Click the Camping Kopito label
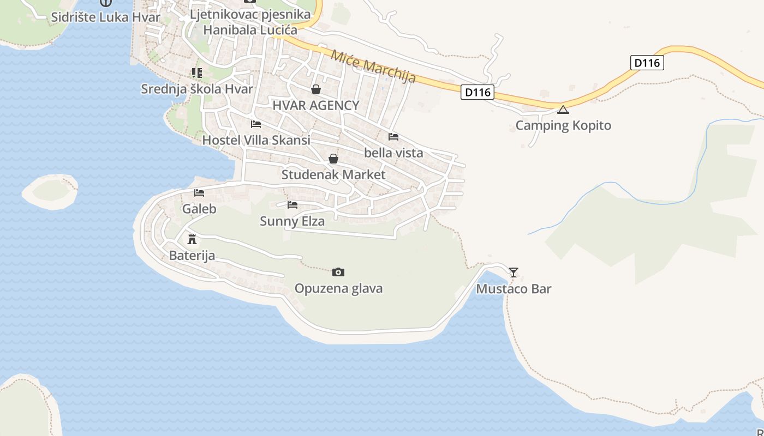[563, 125]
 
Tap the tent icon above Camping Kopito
[563, 110]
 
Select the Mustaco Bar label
[514, 289]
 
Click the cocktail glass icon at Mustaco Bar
[514, 272]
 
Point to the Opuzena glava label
[338, 288]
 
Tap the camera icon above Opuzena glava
[338, 272]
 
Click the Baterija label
[192, 256]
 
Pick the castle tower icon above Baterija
[192, 239]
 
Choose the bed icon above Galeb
[199, 193]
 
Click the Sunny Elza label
[292, 221]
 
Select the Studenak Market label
[333, 175]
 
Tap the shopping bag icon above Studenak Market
[333, 159]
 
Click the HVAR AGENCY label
[316, 106]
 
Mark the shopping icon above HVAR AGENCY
[316, 89]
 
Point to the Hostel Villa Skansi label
[256, 140]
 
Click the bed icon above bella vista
[393, 137]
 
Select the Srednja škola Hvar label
[197, 89]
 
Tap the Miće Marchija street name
[373, 66]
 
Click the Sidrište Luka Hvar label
[106, 17]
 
